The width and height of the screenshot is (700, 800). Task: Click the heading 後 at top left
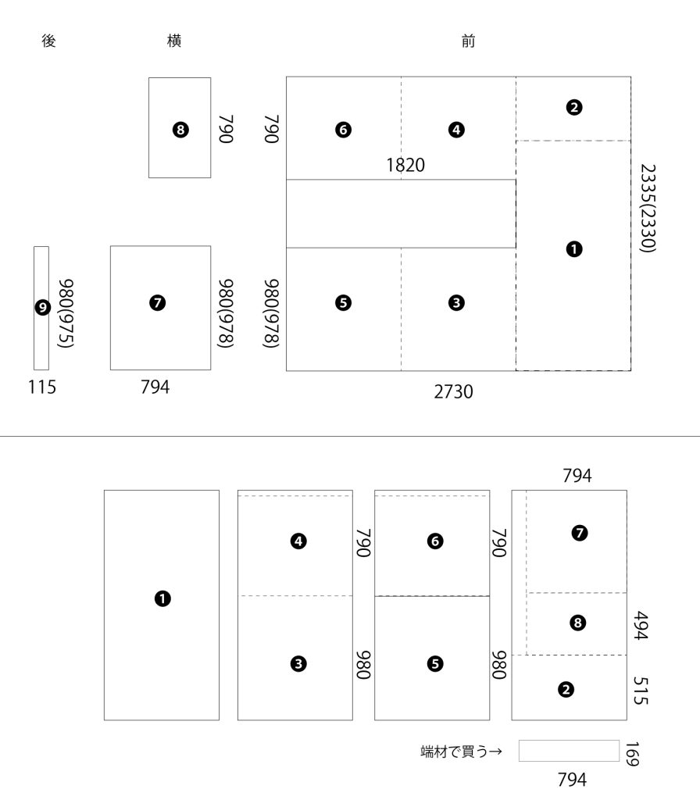(48, 41)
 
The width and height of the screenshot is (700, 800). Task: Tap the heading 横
(175, 41)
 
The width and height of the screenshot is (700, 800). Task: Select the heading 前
(468, 41)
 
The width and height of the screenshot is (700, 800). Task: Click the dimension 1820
(405, 165)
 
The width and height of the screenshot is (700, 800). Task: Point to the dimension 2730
(453, 391)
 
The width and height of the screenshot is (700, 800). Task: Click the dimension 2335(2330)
(646, 208)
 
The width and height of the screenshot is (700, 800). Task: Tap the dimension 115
(41, 387)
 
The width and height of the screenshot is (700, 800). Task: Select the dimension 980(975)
(66, 309)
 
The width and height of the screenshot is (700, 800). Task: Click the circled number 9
(41, 308)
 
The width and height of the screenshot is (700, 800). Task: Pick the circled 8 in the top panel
(180, 130)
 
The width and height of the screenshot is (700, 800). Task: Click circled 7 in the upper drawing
(158, 302)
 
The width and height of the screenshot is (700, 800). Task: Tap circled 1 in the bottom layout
(162, 598)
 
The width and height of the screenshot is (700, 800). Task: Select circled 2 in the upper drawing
(574, 108)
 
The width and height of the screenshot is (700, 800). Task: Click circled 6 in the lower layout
(435, 540)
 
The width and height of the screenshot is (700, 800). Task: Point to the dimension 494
(640, 626)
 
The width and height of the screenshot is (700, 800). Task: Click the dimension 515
(640, 691)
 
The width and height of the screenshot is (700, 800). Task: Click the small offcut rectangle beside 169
(568, 751)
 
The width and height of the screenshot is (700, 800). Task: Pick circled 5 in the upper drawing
(342, 302)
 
